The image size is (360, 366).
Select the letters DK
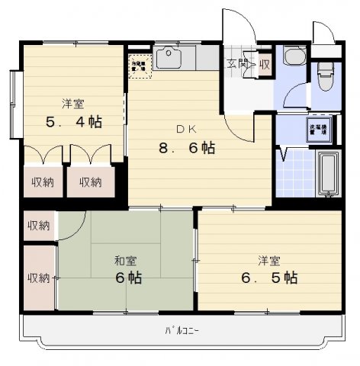[188, 130]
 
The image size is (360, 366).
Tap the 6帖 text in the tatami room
[128, 278]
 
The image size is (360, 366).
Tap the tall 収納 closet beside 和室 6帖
[38, 278]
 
